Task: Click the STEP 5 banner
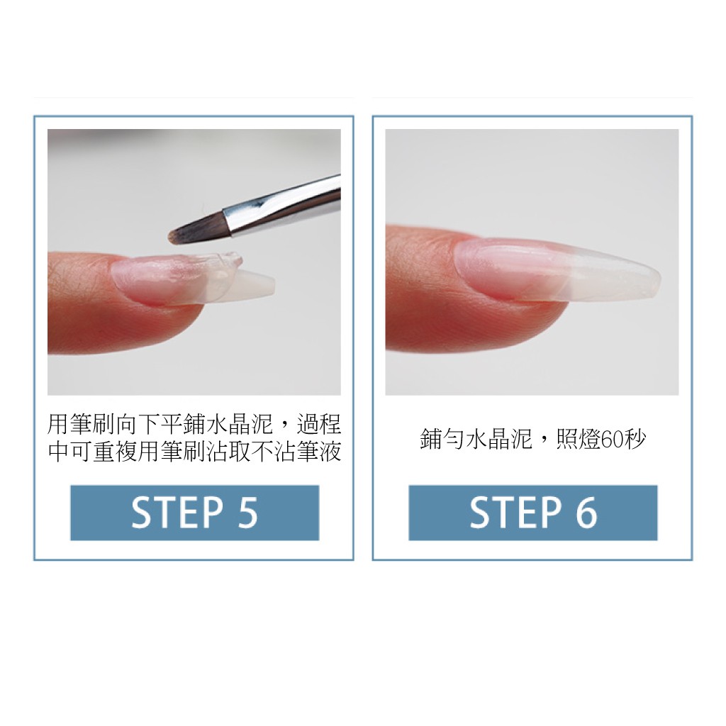(194, 513)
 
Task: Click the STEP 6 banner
(532, 513)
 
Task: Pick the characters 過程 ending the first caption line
(319, 425)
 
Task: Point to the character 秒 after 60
(636, 440)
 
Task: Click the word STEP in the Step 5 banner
(175, 513)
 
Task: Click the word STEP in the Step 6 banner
(513, 513)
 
